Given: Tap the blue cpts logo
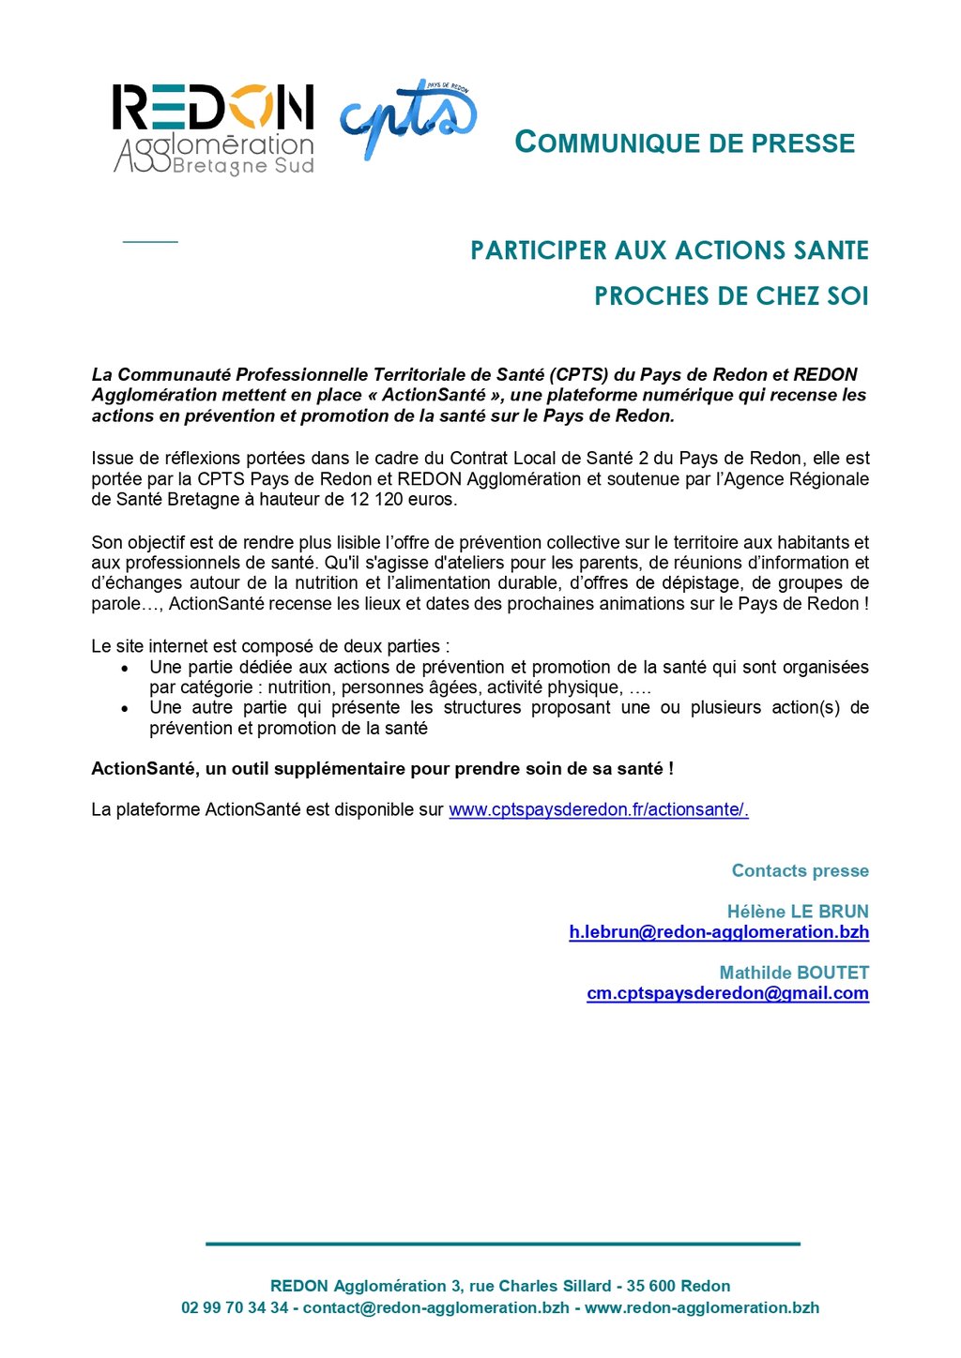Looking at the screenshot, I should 408,118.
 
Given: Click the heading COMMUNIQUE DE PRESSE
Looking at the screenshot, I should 685,143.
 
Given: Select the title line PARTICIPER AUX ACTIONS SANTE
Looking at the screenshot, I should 669,250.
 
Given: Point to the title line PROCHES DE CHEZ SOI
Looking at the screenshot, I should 731,296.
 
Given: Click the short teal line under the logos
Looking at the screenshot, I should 150,242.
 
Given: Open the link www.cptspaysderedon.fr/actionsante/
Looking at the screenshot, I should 598,809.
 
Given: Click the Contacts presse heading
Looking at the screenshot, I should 800,871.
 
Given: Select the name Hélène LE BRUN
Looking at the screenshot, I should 798,912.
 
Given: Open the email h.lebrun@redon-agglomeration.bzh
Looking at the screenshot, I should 719,932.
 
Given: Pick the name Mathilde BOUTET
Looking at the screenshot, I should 794,973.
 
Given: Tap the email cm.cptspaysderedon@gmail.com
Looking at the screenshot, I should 727,993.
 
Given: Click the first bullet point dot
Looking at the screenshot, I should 125,668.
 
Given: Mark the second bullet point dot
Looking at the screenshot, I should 125,708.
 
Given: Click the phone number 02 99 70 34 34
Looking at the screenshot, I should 235,1307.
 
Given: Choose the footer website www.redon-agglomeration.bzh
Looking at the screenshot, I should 702,1307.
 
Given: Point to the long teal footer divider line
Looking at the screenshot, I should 503,1244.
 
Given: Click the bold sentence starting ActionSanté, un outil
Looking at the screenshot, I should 382,769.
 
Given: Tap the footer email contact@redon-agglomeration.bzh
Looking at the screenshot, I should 435,1307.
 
